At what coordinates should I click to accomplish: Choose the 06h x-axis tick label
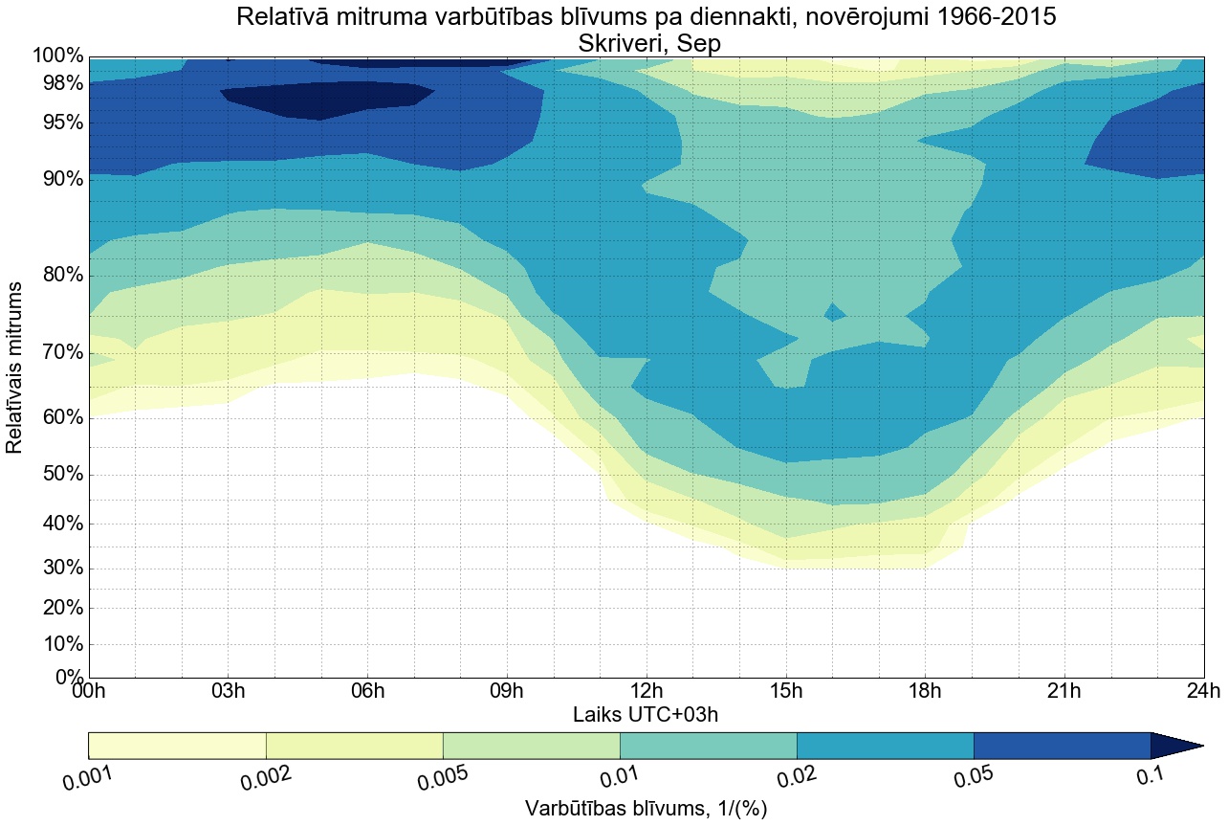coord(367,691)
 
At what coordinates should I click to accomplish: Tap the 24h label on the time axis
coord(1202,691)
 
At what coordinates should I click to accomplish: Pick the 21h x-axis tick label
coord(1064,691)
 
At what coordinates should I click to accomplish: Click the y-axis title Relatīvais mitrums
coord(15,368)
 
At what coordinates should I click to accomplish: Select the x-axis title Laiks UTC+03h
coord(646,714)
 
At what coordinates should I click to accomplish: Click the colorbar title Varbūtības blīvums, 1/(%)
coord(646,809)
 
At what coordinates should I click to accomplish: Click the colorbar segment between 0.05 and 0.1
coord(1062,746)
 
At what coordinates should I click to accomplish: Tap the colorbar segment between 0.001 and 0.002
coord(177,746)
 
